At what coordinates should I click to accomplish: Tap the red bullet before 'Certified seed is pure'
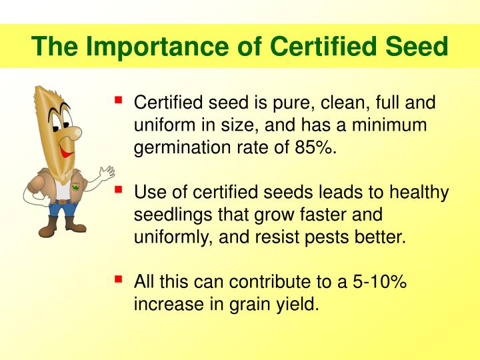(x=119, y=101)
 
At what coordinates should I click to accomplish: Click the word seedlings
(x=166, y=216)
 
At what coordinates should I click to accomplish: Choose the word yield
(x=299, y=305)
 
